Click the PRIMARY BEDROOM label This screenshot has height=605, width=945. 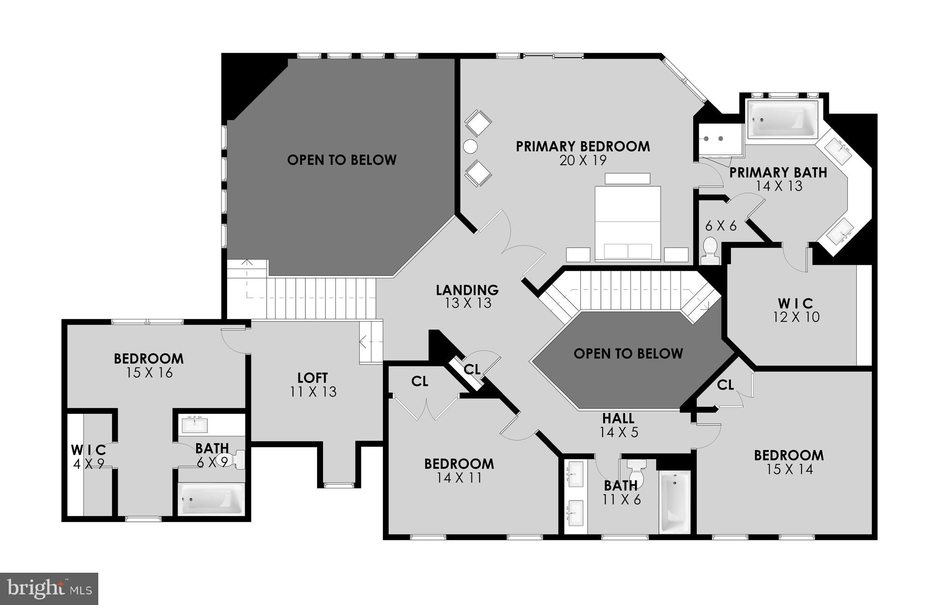(x=583, y=146)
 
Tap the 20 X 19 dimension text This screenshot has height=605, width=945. (x=583, y=161)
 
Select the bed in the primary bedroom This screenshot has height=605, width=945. (x=628, y=224)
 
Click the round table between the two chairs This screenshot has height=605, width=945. (x=470, y=147)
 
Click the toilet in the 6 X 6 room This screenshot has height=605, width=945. (x=710, y=251)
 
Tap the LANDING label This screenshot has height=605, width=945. (x=467, y=290)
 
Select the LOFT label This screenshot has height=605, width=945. (x=313, y=378)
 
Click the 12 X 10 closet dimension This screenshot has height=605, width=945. (x=796, y=317)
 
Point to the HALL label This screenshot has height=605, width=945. (x=618, y=419)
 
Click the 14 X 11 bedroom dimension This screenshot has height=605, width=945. (x=459, y=478)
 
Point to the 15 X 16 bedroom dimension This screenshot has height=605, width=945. (x=149, y=373)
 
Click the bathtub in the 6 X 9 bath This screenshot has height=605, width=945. (x=211, y=499)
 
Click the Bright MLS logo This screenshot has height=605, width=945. (x=49, y=588)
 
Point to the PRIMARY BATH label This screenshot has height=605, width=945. (x=778, y=173)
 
